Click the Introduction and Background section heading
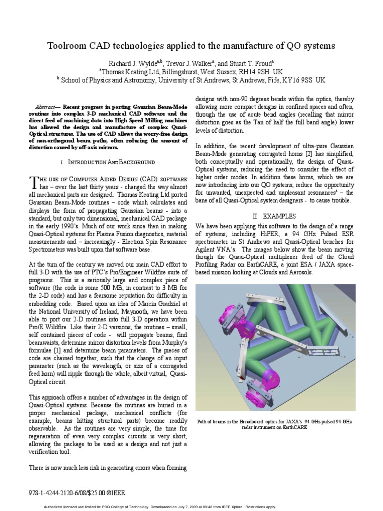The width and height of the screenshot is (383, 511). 107,162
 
